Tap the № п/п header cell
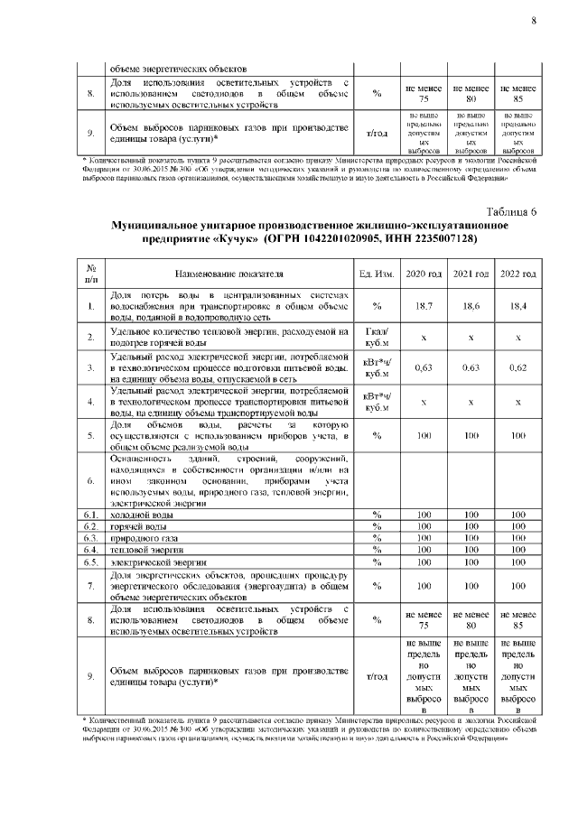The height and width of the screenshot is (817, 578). click(91, 274)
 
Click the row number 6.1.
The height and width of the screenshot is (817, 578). click(91, 514)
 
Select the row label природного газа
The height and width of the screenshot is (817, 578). click(141, 537)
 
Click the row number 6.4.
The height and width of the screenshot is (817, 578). click(91, 549)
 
